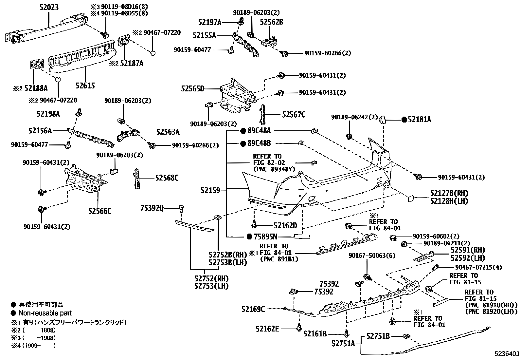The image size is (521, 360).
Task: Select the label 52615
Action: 85,86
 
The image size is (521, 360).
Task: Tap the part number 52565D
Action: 192,89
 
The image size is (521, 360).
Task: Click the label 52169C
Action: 253,309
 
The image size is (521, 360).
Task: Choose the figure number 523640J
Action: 507,354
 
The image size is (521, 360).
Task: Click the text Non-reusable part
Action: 45,313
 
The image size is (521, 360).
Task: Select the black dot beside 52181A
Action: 404,120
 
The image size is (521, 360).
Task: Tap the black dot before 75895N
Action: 249,236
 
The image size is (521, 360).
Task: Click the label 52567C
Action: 294,115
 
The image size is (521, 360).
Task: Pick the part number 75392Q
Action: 152,208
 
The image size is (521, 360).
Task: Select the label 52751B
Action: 378,336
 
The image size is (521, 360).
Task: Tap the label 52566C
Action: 99,211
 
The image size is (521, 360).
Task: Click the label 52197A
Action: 209,22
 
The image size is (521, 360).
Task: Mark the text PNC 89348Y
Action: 274,169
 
